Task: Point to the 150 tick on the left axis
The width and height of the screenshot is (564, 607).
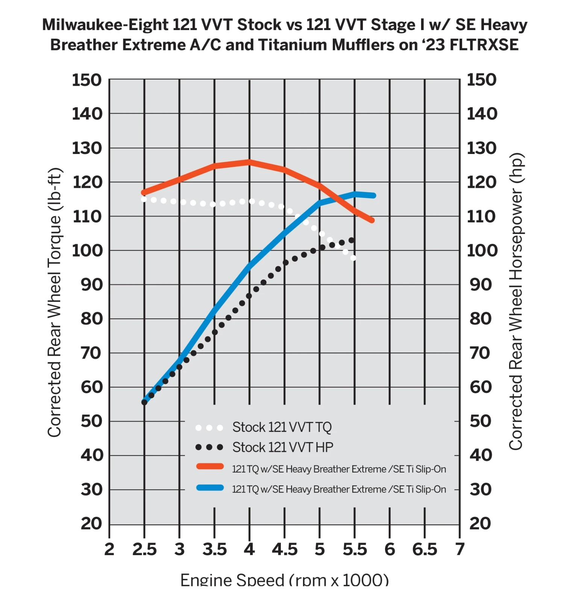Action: (87, 80)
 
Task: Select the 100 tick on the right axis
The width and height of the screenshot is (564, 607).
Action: (482, 251)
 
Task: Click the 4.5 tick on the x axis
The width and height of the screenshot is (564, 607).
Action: (285, 550)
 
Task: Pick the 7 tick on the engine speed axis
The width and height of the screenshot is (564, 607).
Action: (460, 550)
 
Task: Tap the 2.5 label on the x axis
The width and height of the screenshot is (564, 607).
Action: (144, 550)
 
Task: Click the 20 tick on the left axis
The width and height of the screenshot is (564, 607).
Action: (91, 523)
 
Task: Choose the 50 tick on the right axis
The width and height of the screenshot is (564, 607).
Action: (481, 421)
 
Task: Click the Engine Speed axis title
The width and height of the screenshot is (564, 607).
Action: (284, 580)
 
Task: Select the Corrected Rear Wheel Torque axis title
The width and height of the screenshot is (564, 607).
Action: (55, 302)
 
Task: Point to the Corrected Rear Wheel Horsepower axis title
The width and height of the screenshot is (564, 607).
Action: (515, 301)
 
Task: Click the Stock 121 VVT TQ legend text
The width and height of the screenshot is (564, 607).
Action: (282, 427)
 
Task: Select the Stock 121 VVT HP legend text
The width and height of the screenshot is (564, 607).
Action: (283, 447)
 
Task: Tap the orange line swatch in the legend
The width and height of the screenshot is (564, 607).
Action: (210, 467)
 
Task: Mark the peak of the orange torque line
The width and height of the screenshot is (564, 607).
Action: (249, 162)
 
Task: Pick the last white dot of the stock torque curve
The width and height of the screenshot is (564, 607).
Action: (353, 258)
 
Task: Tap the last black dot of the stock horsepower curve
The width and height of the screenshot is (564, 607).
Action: (352, 240)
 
